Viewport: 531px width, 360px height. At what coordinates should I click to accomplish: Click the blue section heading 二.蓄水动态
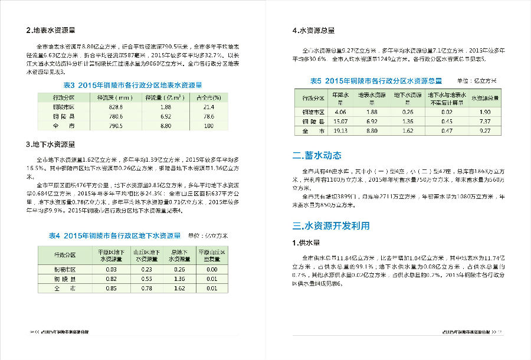tap(317, 156)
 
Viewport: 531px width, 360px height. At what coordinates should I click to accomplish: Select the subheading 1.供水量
tap(306, 243)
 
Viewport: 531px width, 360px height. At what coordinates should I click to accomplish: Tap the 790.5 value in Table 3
tap(116, 126)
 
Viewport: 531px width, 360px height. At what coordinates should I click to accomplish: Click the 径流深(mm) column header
tap(116, 97)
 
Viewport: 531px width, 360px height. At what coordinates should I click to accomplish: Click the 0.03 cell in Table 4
tap(111, 270)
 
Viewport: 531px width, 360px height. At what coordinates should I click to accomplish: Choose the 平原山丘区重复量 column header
tap(212, 256)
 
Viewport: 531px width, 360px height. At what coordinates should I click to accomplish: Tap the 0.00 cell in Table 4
tap(212, 270)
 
